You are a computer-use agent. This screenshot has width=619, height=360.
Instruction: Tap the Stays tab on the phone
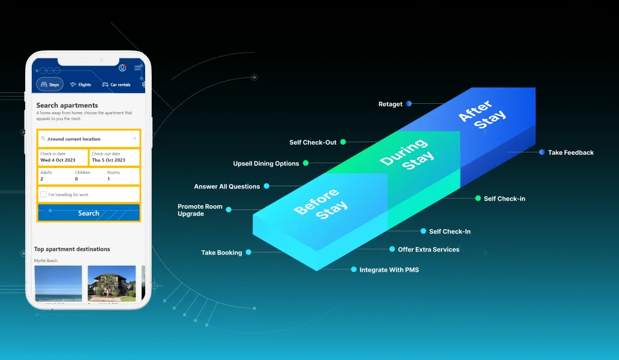[x=50, y=85]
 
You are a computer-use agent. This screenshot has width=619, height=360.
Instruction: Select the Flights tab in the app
[x=80, y=85]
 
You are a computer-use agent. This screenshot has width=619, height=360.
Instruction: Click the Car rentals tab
[x=116, y=85]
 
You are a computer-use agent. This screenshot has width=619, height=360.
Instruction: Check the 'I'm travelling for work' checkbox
[x=43, y=194]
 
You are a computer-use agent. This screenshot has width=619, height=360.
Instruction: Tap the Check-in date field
[x=62, y=157]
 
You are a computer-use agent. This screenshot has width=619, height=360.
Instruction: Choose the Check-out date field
[x=114, y=157]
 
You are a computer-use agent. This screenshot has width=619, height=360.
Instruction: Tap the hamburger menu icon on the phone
[x=137, y=68]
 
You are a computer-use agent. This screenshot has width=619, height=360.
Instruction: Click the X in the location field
[x=134, y=139]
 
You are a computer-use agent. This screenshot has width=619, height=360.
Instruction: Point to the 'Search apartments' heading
[x=67, y=106]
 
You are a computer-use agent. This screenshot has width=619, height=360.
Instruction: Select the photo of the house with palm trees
[x=112, y=283]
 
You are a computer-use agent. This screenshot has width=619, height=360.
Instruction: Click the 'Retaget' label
[x=390, y=104]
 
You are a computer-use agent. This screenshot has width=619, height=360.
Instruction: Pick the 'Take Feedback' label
[x=570, y=152]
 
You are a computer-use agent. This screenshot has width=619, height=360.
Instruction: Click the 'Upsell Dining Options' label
[x=266, y=163]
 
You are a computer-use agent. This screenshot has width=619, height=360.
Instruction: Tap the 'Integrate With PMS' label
[x=389, y=270]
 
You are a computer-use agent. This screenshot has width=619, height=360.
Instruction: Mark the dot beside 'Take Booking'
[x=248, y=253]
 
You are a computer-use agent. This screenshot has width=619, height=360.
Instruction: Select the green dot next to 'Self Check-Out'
[x=343, y=142]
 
